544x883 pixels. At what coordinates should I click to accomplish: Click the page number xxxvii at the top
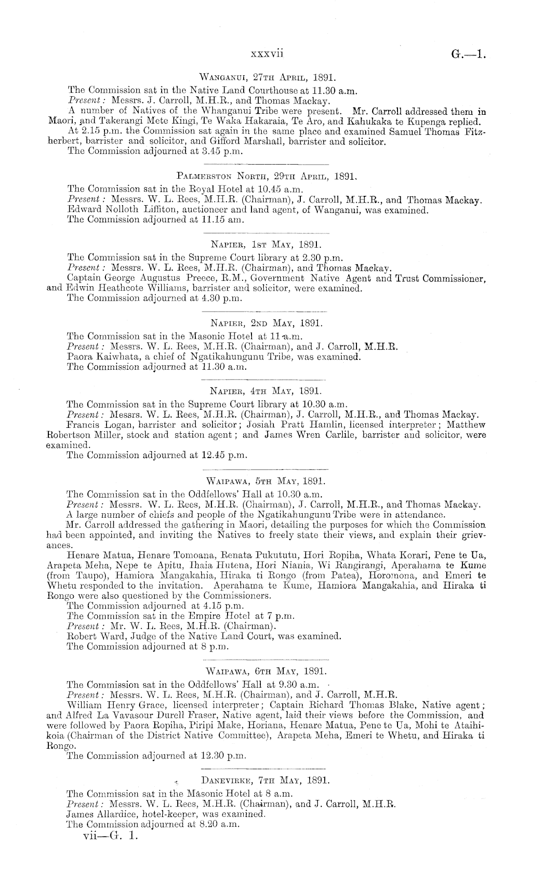coord(267,53)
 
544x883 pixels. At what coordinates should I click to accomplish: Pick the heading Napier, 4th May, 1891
coord(267,391)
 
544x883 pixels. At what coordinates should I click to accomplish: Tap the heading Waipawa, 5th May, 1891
coord(267,480)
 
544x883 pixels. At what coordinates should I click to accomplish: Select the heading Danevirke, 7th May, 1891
coord(266,780)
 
